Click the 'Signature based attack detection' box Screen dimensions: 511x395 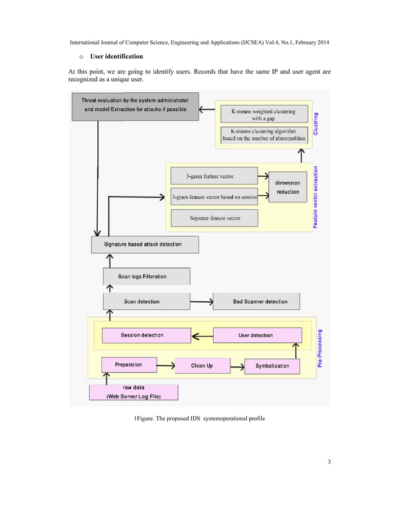(145, 244)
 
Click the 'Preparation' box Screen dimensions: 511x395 (129, 365)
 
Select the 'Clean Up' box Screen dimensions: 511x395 (202, 366)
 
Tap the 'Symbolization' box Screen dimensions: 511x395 (272, 366)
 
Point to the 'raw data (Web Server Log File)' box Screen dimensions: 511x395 (134, 392)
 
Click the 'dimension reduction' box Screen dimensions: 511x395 (287, 187)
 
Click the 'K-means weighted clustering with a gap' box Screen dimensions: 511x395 (263, 114)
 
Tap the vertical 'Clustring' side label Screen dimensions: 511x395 (316, 124)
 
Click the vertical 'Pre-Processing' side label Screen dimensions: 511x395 (320, 348)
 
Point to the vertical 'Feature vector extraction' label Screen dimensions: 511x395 (316, 197)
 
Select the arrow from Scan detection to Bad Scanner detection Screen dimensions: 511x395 (201, 302)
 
